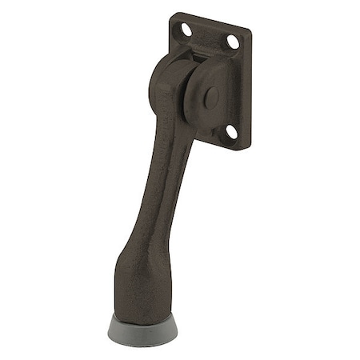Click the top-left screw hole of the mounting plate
click(186, 30)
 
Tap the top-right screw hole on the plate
click(233, 41)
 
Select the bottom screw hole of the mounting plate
click(230, 130)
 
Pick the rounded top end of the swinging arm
click(165, 76)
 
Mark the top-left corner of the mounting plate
click(173, 15)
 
